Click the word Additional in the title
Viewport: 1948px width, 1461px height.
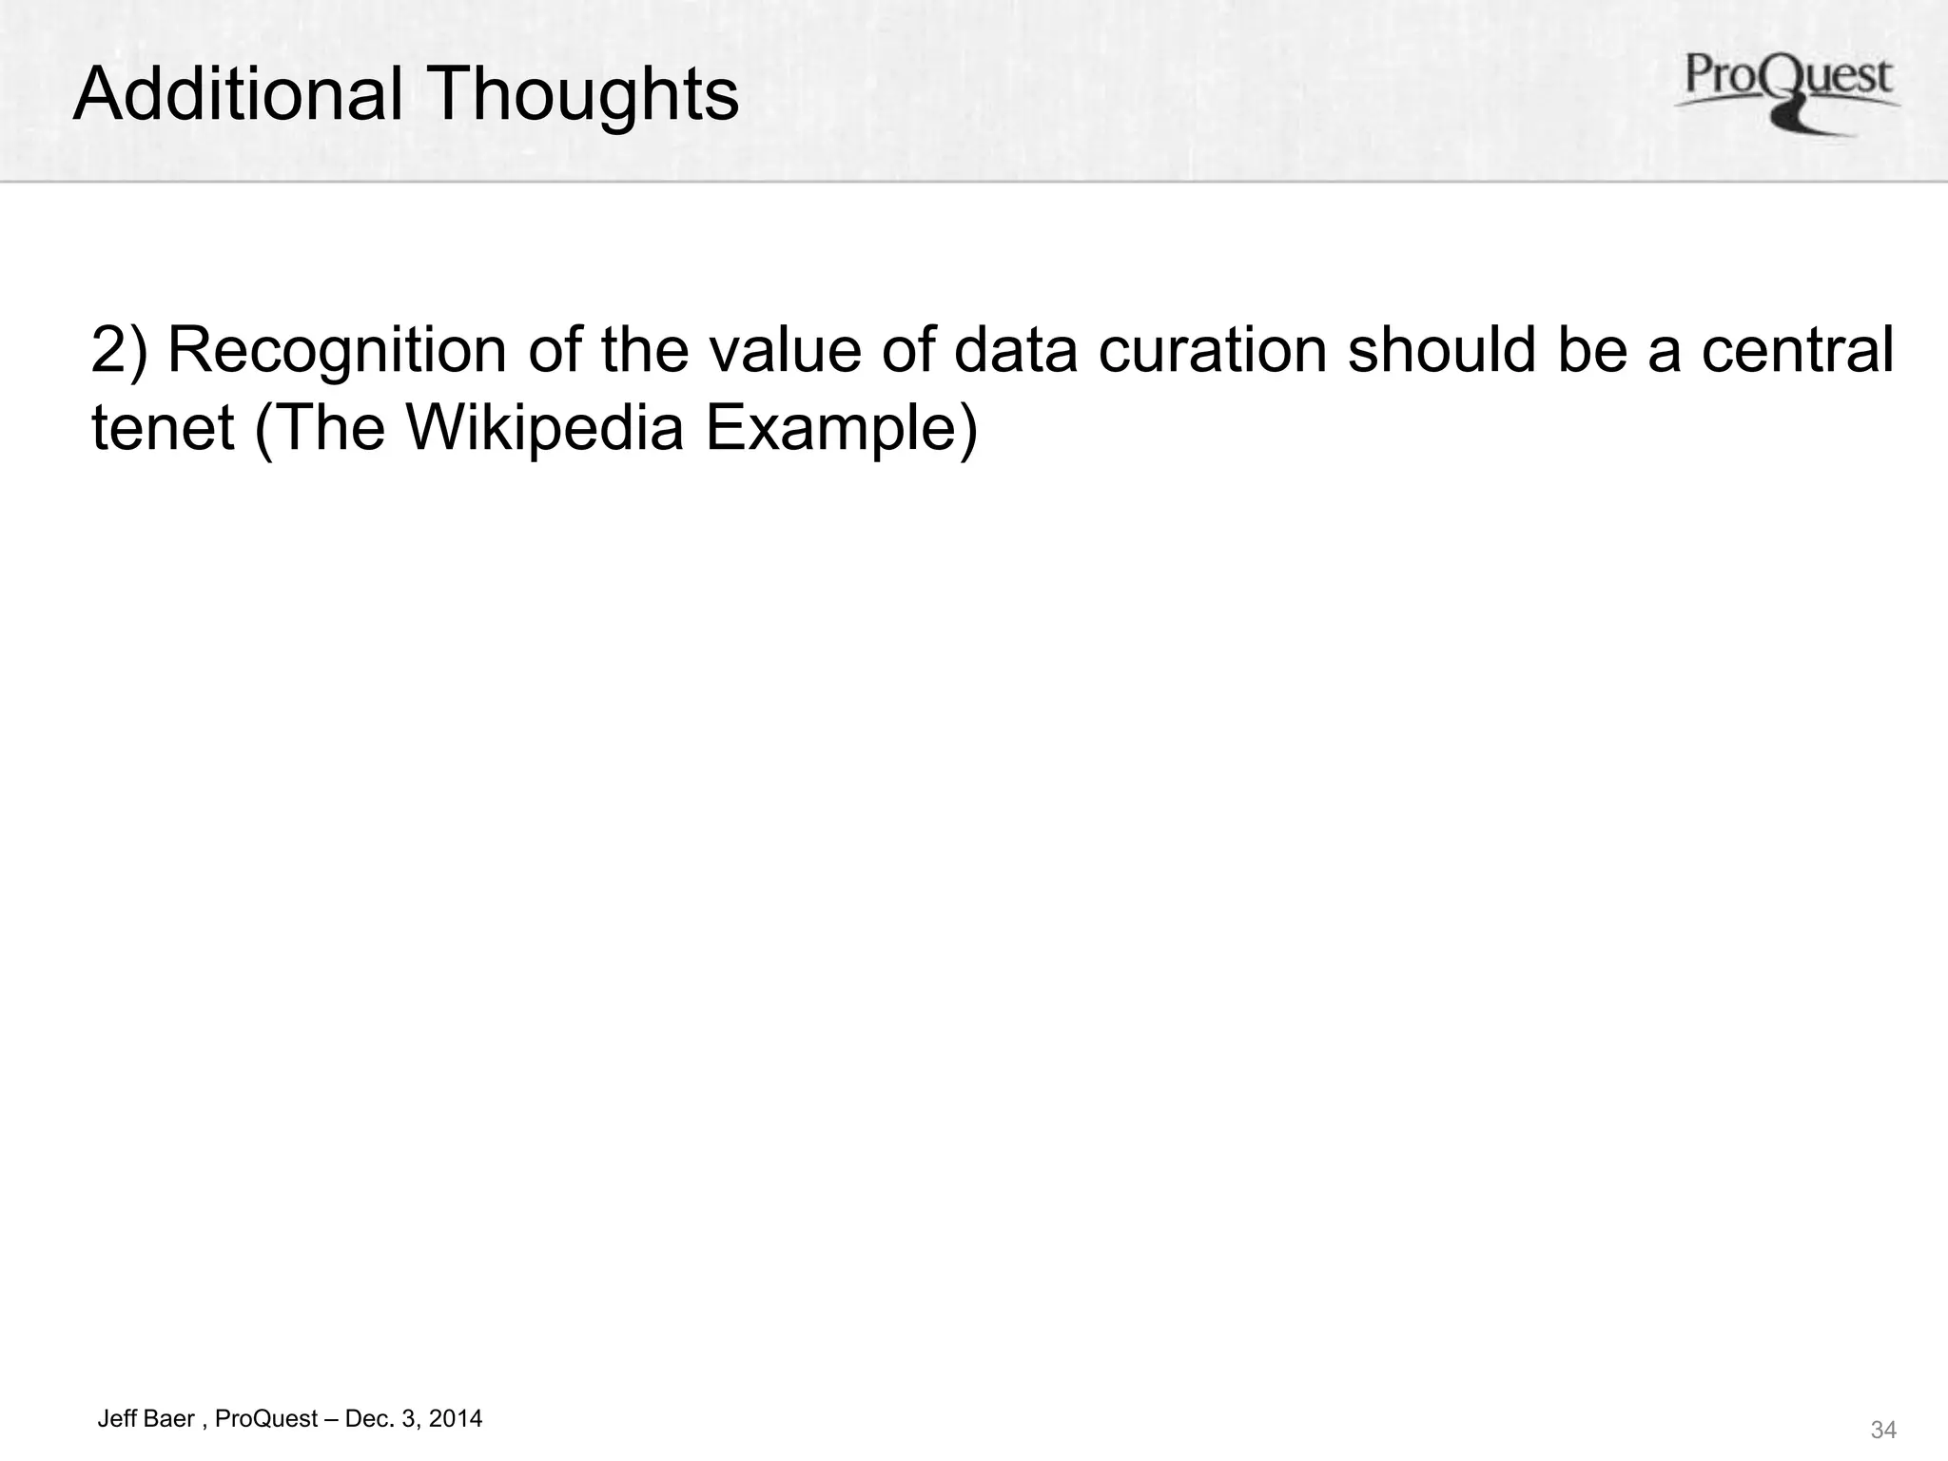pos(238,94)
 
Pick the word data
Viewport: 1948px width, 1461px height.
pos(1015,351)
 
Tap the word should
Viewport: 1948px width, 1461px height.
pos(1442,351)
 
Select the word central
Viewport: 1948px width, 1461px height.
pos(1797,351)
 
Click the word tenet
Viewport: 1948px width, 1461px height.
pos(163,428)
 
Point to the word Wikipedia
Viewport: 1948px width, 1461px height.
pos(545,428)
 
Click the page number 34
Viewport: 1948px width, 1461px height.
pos(1882,1430)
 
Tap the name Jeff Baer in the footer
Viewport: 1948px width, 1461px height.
pos(146,1418)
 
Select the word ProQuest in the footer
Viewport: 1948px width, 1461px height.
pos(266,1418)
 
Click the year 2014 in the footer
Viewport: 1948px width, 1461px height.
pos(455,1418)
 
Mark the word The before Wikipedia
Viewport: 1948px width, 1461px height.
pos(330,428)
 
